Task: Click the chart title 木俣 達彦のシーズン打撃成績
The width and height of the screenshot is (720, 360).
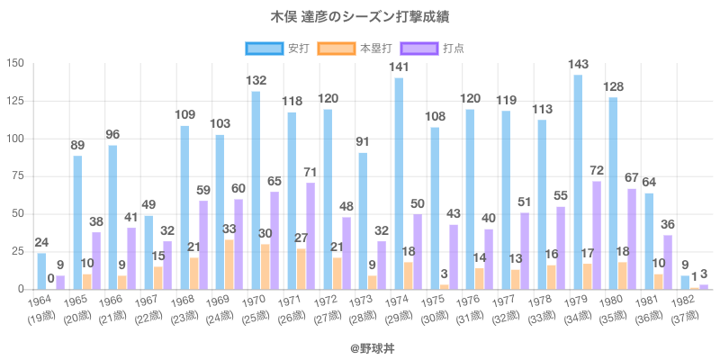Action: click(360, 16)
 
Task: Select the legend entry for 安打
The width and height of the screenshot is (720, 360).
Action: click(278, 48)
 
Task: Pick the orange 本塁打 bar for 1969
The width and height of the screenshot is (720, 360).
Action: click(229, 265)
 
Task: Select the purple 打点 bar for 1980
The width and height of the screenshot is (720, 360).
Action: click(632, 239)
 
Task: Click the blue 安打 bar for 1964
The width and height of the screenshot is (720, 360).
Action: click(41, 271)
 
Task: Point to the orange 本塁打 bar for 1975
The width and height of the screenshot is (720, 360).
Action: click(445, 287)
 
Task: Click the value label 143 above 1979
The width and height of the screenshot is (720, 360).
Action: click(578, 64)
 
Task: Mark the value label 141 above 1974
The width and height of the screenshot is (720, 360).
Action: click(399, 67)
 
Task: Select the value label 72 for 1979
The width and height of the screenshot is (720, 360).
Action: click(596, 171)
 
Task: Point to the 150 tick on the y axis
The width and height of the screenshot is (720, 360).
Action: click(14, 64)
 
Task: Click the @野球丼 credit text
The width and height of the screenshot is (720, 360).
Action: click(360, 345)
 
